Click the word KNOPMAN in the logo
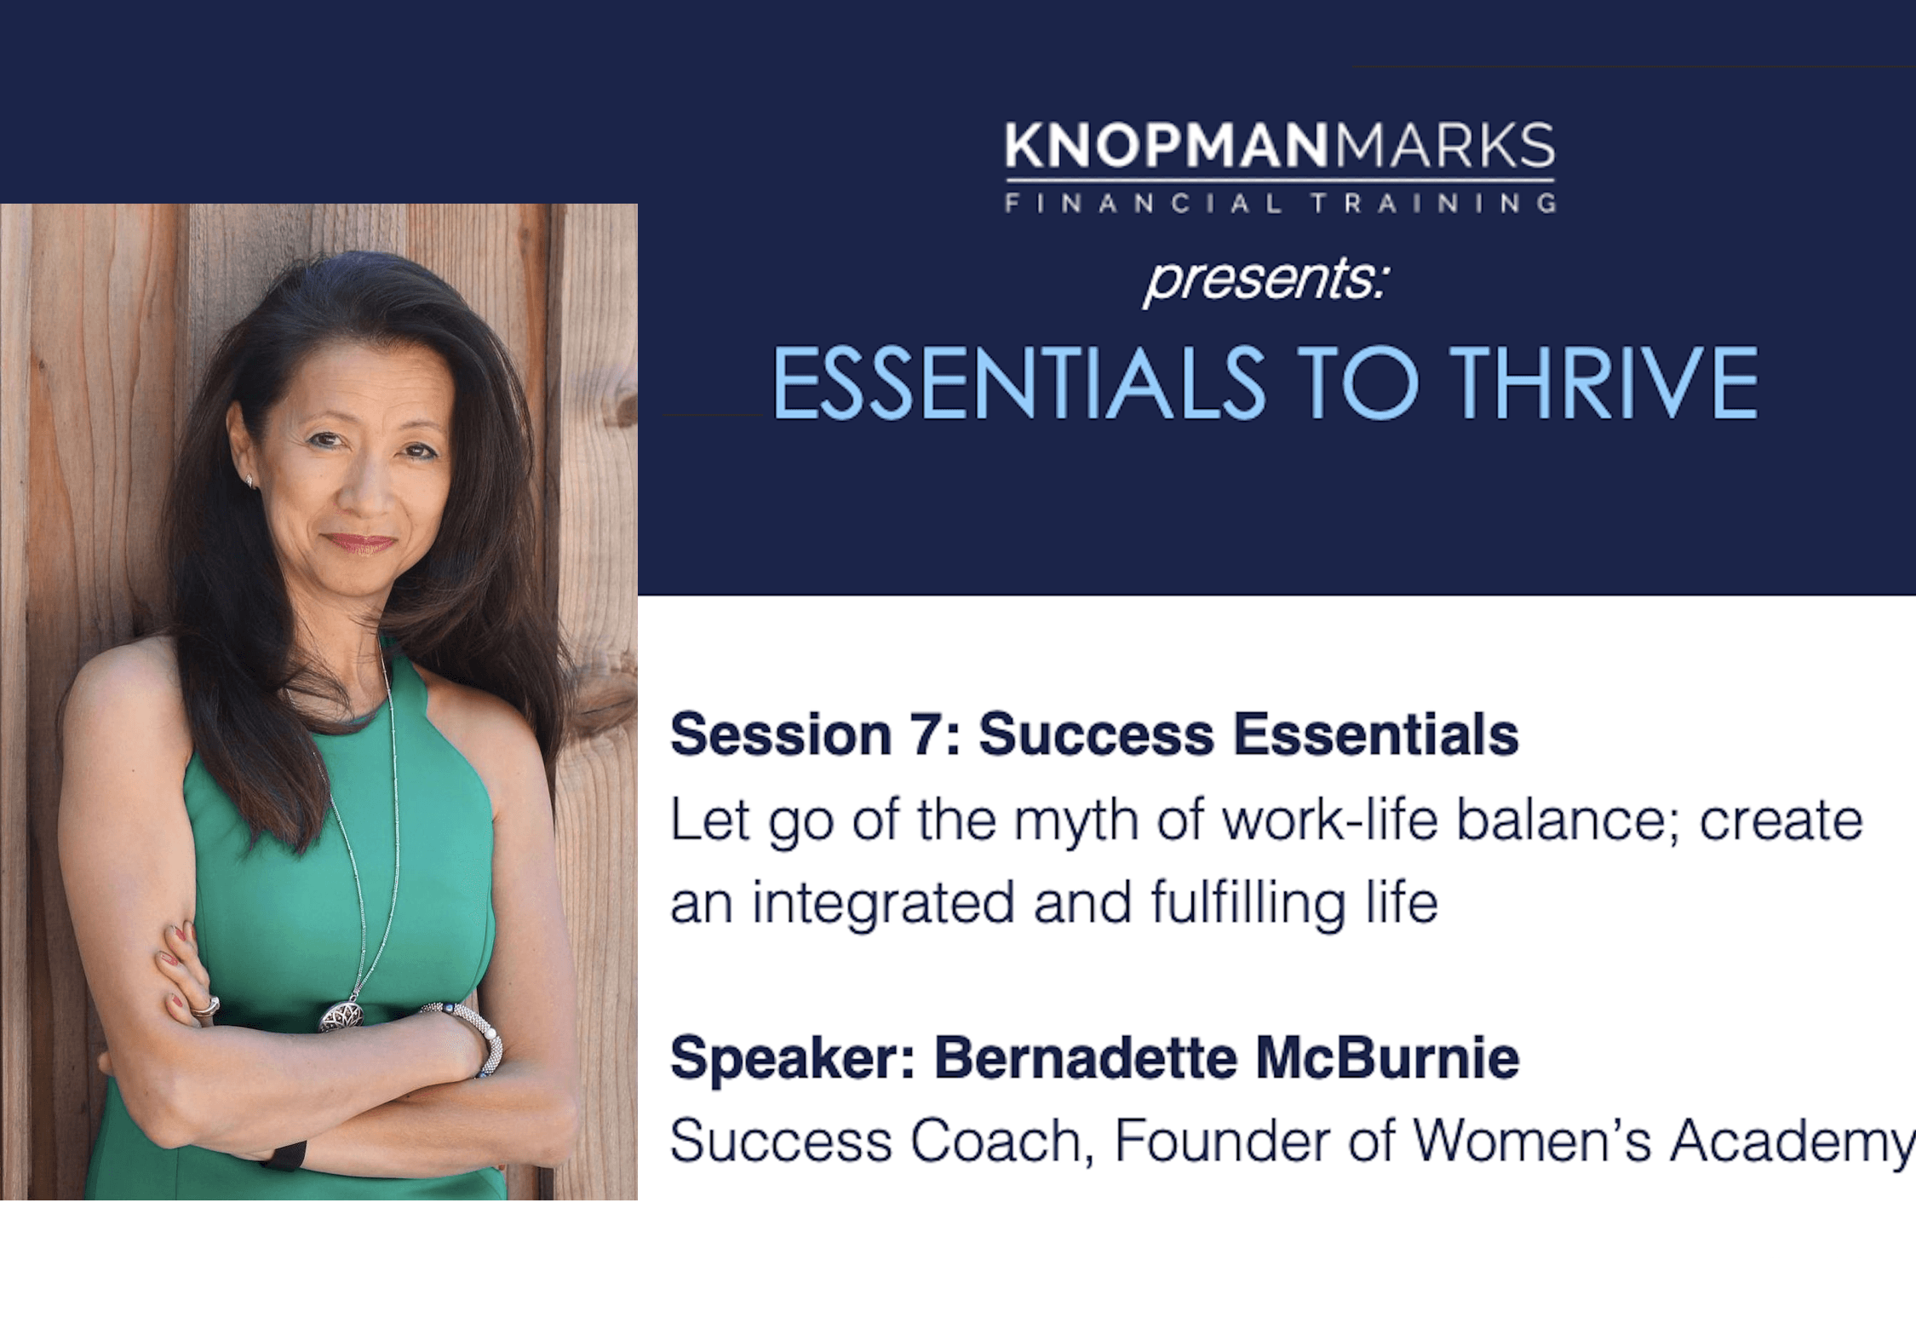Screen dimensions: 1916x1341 (x=1166, y=146)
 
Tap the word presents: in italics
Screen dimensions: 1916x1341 (x=1266, y=279)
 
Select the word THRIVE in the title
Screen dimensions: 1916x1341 (x=1604, y=383)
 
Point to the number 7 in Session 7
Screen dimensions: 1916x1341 (x=926, y=734)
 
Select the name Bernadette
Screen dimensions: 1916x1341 (x=1086, y=1057)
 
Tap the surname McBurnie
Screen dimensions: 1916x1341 (x=1388, y=1057)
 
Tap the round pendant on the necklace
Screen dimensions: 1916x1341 (x=341, y=1016)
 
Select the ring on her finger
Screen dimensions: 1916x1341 (x=207, y=1008)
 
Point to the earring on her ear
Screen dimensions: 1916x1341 (x=250, y=481)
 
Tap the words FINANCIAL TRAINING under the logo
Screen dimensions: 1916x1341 (x=1281, y=204)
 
